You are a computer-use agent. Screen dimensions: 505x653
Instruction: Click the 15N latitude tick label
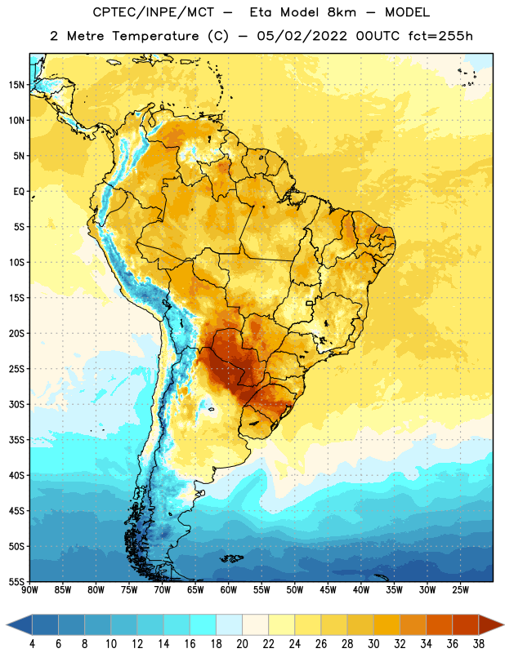tap(16, 85)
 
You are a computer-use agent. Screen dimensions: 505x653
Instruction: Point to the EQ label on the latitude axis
tap(19, 192)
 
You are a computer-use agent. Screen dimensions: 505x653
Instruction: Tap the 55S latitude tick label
tap(16, 581)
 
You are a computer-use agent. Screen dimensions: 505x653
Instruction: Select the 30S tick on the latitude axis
tap(16, 404)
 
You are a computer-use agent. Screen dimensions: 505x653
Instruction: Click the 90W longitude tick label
tap(29, 590)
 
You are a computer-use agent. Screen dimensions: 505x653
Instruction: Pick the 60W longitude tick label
tap(229, 590)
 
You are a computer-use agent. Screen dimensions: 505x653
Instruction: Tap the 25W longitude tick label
tap(460, 590)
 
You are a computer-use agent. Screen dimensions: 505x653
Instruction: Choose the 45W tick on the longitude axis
tap(328, 590)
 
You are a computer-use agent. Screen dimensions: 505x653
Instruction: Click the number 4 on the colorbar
tap(32, 644)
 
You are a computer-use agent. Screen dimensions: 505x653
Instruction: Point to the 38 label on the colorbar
tap(479, 644)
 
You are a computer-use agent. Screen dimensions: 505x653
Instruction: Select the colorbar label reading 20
tap(242, 644)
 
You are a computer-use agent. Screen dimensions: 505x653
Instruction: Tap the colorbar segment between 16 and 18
tap(203, 625)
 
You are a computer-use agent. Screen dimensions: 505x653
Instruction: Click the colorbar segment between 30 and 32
tap(387, 625)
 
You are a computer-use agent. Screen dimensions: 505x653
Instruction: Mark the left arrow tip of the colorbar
tap(7, 625)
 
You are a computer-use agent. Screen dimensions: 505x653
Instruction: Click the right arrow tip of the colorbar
tap(503, 625)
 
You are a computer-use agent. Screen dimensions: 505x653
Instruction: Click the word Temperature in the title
tap(155, 36)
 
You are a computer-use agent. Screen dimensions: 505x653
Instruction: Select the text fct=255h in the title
tap(440, 36)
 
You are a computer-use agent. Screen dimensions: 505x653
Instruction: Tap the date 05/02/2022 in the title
tap(302, 36)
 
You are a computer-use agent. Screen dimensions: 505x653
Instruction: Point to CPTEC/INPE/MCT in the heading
tap(154, 12)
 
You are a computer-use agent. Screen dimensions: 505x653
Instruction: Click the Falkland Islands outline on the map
tap(232, 558)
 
